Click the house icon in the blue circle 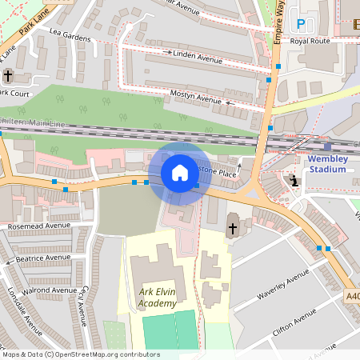[x=180, y=173]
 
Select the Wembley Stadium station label [x=327, y=163]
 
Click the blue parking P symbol [x=301, y=25]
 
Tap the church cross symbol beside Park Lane [x=8, y=76]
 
